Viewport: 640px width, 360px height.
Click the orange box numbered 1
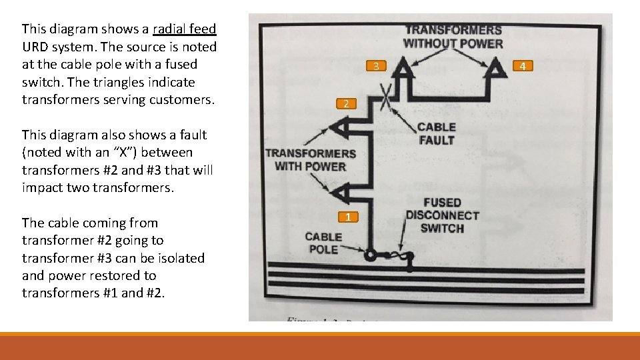pyautogui.click(x=348, y=217)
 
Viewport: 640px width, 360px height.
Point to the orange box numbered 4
pyautogui.click(x=523, y=66)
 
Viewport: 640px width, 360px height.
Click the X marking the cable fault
pyautogui.click(x=385, y=102)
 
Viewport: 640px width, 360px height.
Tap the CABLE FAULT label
pyautogui.click(x=437, y=133)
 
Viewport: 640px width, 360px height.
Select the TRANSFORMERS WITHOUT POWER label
pyautogui.click(x=453, y=37)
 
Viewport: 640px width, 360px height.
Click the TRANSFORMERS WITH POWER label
pyautogui.click(x=311, y=159)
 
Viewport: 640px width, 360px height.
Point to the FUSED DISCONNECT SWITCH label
pyautogui.click(x=442, y=215)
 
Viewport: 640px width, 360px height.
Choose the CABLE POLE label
pyautogui.click(x=323, y=243)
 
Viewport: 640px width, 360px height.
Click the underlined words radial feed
pyautogui.click(x=184, y=29)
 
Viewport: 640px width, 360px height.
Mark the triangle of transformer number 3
pyautogui.click(x=403, y=70)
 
